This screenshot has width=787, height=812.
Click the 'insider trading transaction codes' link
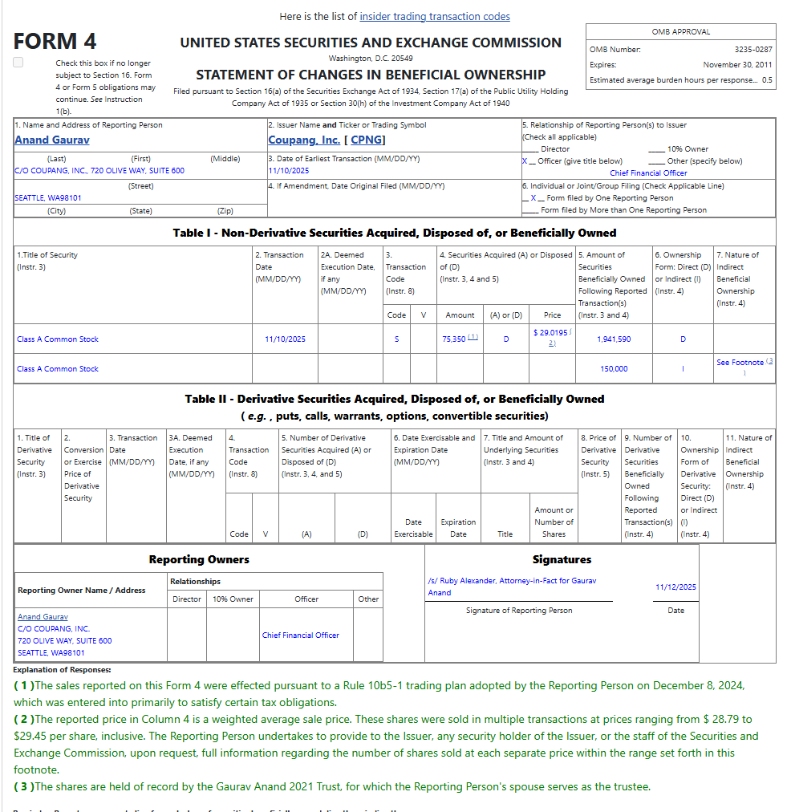point(435,16)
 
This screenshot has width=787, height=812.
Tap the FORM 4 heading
point(55,41)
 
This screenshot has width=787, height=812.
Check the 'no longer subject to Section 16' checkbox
point(18,63)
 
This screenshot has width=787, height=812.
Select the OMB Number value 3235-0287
point(753,50)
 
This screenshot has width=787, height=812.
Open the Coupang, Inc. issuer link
point(304,140)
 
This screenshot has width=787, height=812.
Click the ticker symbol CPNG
point(365,140)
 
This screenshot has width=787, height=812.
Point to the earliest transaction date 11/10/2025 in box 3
point(288,171)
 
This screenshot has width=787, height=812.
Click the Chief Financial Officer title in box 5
point(648,173)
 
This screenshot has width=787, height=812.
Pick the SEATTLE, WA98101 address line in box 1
point(47,197)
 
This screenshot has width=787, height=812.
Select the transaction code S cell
point(396,339)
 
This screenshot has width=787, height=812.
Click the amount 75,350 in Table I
point(454,339)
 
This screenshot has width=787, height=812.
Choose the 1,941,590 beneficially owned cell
point(614,339)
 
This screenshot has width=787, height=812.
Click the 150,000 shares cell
point(614,369)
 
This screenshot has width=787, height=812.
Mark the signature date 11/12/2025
point(675,587)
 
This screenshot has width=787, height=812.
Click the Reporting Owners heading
point(199,559)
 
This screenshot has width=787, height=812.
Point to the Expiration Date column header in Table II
point(458,528)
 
